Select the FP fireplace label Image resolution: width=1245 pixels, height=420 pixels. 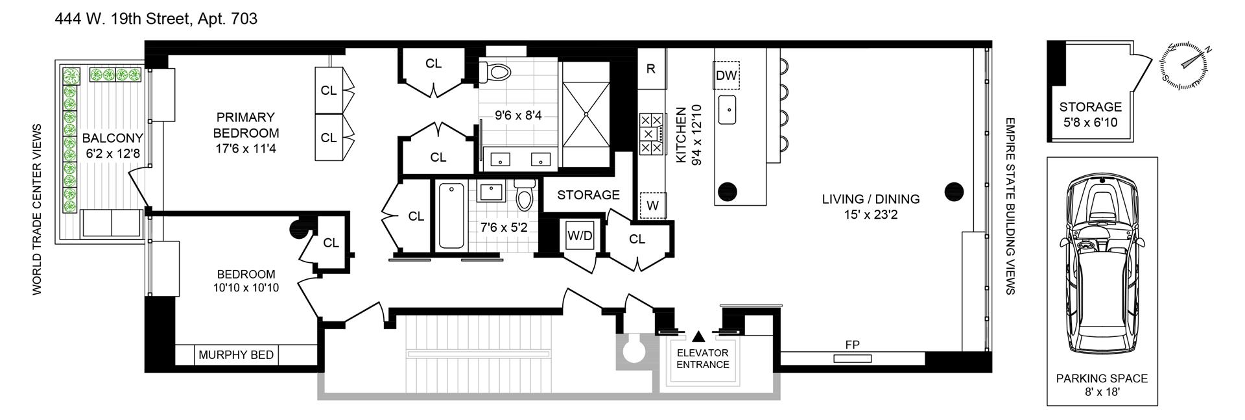pos(852,345)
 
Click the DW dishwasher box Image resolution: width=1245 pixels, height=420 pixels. pos(726,75)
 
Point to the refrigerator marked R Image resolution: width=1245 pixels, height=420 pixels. pos(651,69)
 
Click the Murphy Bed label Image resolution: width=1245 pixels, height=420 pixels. pos(236,355)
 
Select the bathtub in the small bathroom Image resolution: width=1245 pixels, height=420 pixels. pos(451,216)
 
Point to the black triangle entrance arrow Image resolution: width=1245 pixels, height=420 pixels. pos(698,336)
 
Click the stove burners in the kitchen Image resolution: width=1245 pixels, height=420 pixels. pos(651,134)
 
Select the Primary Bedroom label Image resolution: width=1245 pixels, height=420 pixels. pos(246,125)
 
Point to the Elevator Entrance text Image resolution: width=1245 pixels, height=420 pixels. pos(703,358)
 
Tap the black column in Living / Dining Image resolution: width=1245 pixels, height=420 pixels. pos(954,191)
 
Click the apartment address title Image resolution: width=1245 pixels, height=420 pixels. pos(156,19)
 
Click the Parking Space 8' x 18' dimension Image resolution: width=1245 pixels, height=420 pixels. pos(1102,393)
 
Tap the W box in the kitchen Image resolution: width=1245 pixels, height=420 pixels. pos(652,206)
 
